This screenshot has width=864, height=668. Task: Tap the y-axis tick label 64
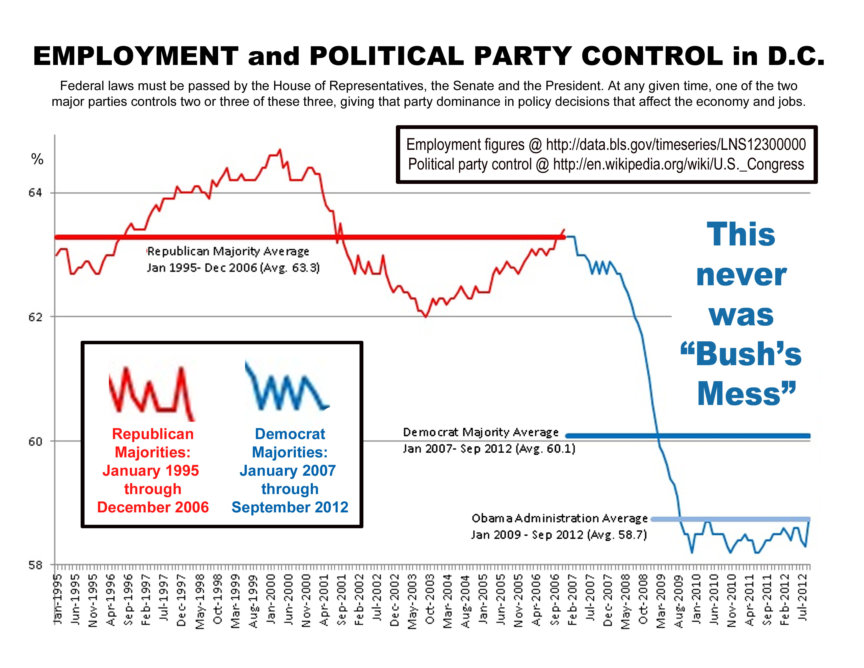tap(35, 193)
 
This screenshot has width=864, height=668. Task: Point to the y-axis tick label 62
tap(35, 317)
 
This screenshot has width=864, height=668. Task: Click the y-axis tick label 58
tap(35, 565)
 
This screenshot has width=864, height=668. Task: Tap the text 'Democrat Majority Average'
tap(481, 432)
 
